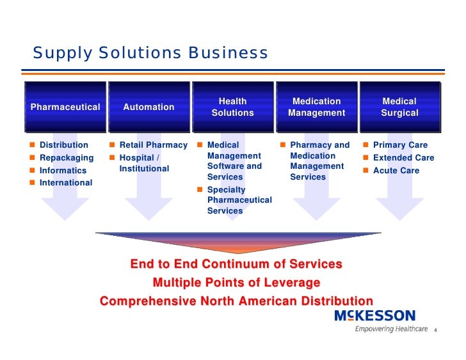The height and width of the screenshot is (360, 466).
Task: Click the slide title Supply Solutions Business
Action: [150, 52]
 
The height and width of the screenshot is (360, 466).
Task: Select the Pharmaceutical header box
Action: [65, 107]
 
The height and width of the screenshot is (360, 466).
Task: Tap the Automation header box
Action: [149, 107]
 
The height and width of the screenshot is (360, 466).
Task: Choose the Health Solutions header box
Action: [232, 107]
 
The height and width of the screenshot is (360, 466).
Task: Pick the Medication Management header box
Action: [316, 107]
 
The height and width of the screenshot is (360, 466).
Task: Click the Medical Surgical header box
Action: [399, 107]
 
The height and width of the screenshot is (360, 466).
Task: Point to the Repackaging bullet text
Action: [67, 158]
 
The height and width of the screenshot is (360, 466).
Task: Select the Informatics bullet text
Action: [63, 171]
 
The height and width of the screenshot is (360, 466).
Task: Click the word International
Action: [66, 183]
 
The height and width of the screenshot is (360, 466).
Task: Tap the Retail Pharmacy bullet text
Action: [153, 145]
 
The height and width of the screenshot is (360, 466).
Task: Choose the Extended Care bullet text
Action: [403, 158]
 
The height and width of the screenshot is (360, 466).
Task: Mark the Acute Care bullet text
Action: [396, 171]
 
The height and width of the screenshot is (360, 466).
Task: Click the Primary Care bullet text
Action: [400, 145]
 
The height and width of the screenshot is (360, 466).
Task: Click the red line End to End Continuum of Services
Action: [236, 264]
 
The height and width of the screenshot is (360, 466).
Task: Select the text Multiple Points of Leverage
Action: [236, 283]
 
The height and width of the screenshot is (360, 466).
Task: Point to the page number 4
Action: [435, 331]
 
